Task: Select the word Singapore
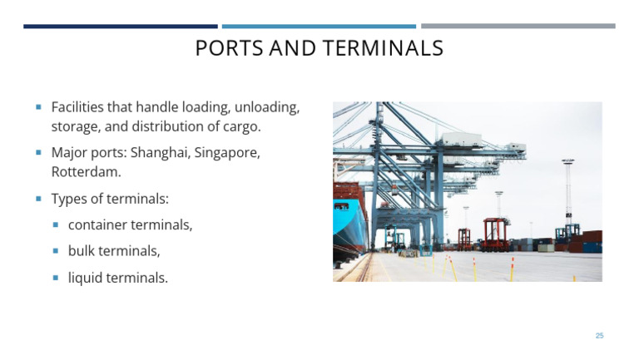point(227,153)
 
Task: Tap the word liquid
point(86,278)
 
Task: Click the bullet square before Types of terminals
point(38,199)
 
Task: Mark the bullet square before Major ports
point(38,153)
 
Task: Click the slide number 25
point(599,335)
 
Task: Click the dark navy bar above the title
point(120,27)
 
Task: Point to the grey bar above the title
point(518,27)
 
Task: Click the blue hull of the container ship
point(341,219)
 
